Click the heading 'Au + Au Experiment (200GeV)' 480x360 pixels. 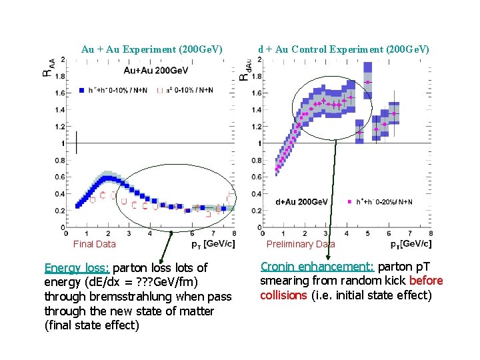151,49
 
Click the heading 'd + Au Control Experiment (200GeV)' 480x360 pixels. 343,49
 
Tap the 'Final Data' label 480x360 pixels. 94,244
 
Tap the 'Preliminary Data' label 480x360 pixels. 301,244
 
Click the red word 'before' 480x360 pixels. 427,281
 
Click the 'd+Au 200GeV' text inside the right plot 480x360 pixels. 301,202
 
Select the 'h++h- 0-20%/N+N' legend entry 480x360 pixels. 385,202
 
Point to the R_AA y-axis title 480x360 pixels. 47,67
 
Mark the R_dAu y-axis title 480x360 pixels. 244,68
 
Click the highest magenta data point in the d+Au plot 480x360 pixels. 367,82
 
